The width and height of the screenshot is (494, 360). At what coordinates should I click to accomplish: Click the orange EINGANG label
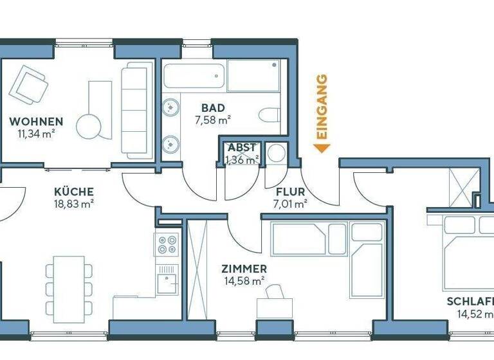click(323, 107)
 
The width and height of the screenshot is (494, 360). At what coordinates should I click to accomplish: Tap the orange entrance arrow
click(322, 148)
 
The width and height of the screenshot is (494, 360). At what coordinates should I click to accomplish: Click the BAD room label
click(213, 108)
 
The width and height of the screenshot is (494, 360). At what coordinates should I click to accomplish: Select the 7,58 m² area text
click(213, 119)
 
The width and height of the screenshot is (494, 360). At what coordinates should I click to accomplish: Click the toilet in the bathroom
click(270, 116)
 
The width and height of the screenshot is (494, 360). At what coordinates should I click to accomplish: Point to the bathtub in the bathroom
click(194, 75)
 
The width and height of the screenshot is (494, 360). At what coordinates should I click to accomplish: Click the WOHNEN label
click(36, 122)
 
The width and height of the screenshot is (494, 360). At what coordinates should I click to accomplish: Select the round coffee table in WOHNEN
click(89, 125)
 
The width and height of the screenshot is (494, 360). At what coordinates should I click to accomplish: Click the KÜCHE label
click(74, 192)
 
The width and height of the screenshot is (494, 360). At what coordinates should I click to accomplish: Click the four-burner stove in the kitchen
click(167, 244)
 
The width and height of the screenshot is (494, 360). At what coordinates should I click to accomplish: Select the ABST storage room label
click(242, 148)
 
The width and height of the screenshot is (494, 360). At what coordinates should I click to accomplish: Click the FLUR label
click(290, 192)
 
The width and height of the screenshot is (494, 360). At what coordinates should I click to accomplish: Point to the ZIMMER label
click(244, 269)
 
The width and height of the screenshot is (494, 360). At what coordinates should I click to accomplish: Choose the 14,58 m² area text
click(244, 280)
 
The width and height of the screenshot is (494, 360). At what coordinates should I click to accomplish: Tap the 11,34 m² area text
click(36, 133)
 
